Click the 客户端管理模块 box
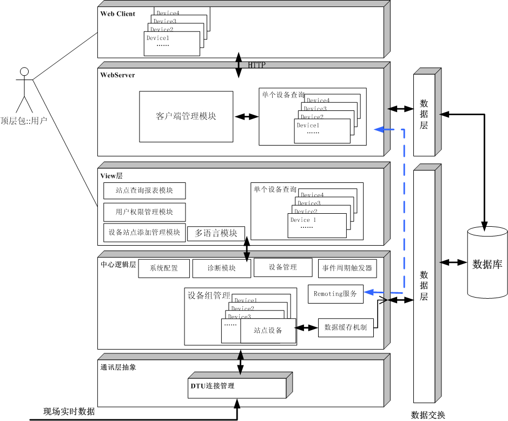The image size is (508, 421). (x=186, y=116)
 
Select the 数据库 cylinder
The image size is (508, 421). (x=487, y=264)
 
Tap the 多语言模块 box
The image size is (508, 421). (x=216, y=233)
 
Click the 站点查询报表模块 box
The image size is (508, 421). (x=144, y=190)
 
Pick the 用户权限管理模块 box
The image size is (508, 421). (x=144, y=212)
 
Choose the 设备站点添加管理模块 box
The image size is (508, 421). (x=144, y=232)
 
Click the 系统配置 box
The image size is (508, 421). (x=164, y=268)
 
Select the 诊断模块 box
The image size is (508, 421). (x=222, y=268)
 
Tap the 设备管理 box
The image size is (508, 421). (x=283, y=267)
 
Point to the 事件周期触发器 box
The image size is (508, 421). (x=347, y=268)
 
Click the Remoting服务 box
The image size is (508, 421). (x=335, y=294)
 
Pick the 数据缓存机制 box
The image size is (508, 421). (x=346, y=327)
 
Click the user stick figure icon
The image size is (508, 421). (x=24, y=89)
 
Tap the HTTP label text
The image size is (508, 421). (x=257, y=65)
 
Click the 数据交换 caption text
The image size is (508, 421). (x=428, y=415)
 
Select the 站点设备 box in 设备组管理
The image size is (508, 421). (x=268, y=331)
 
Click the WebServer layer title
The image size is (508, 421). (x=117, y=75)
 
